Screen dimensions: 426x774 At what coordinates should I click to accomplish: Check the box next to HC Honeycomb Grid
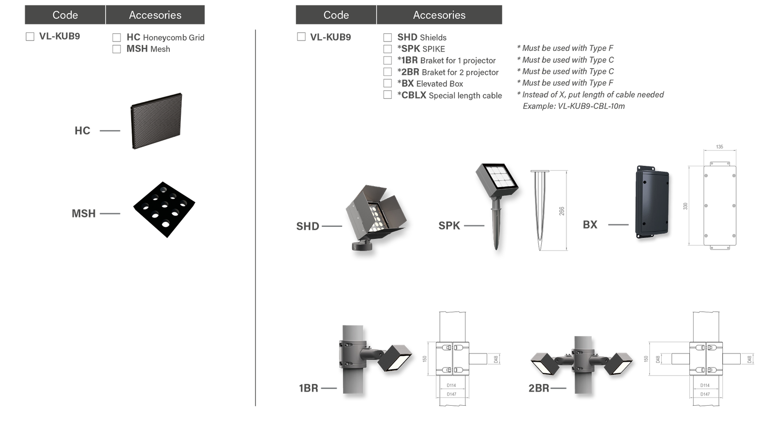116,37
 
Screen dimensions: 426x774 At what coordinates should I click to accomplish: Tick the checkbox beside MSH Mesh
116,49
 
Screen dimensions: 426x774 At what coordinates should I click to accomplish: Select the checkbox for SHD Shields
387,37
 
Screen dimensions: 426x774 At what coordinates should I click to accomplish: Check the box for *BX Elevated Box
387,83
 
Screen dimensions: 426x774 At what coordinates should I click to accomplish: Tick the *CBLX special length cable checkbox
387,95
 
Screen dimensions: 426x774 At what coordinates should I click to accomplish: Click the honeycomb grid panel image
156,121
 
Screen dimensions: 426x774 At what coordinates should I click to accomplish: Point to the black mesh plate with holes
164,209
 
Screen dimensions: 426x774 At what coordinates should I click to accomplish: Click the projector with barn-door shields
368,213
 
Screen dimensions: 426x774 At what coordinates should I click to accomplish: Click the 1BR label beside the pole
308,388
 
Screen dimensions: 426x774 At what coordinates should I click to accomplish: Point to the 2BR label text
538,388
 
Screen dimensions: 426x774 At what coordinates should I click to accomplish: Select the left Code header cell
65,15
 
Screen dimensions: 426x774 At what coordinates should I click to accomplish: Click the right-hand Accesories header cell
439,15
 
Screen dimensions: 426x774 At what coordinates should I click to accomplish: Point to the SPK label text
449,226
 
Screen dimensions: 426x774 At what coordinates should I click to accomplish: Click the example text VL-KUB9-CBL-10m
574,106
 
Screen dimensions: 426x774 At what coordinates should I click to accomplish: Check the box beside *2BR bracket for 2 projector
387,72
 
